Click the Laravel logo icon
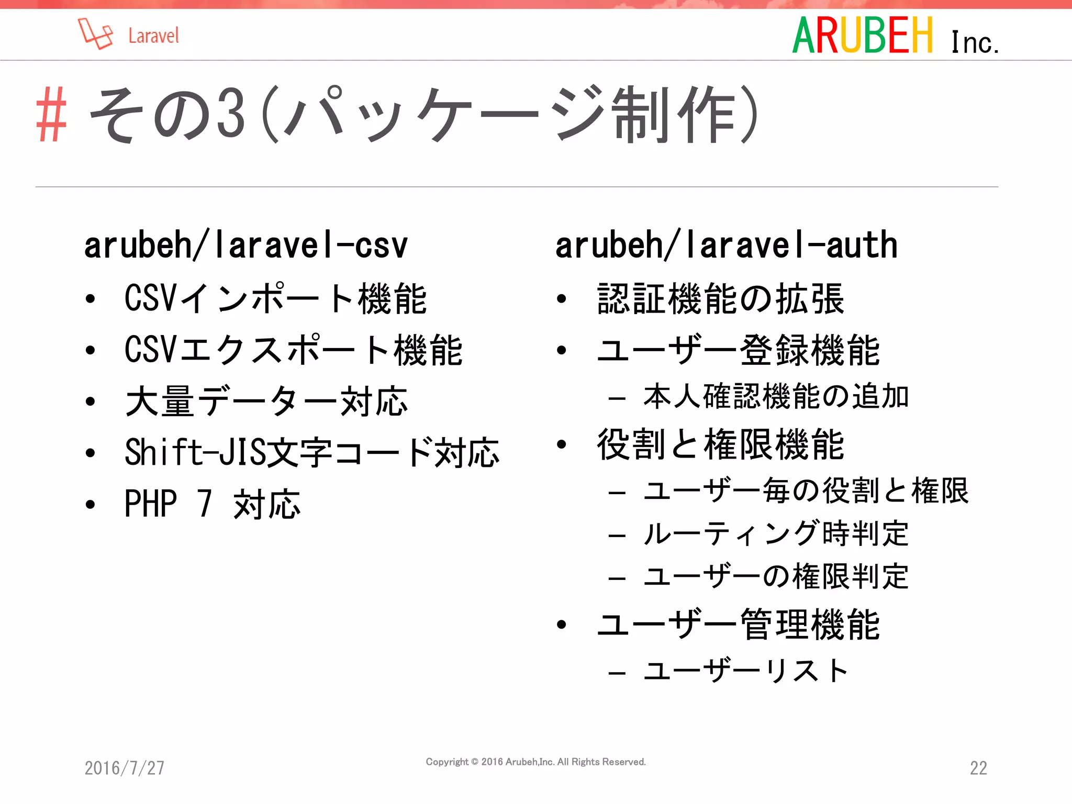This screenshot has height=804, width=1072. [x=95, y=34]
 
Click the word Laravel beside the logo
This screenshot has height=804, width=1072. [x=153, y=36]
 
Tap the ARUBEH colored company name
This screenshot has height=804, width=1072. [x=863, y=36]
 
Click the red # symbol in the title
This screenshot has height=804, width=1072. [x=51, y=115]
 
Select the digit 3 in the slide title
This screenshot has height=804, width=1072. [x=231, y=114]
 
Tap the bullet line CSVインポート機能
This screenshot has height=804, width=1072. [x=275, y=298]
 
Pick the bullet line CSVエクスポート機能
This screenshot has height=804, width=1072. [x=293, y=350]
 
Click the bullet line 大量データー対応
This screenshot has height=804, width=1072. [x=266, y=401]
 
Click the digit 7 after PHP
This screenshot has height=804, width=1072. [x=205, y=504]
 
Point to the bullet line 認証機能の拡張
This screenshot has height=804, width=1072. [x=720, y=298]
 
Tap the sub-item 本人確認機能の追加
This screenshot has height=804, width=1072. [x=776, y=396]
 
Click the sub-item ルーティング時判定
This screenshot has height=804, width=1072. [x=776, y=534]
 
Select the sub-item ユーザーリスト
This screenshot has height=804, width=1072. [x=745, y=671]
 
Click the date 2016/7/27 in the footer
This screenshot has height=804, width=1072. [x=125, y=768]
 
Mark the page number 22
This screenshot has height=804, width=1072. [x=978, y=768]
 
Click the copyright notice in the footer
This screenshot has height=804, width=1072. [x=535, y=762]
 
